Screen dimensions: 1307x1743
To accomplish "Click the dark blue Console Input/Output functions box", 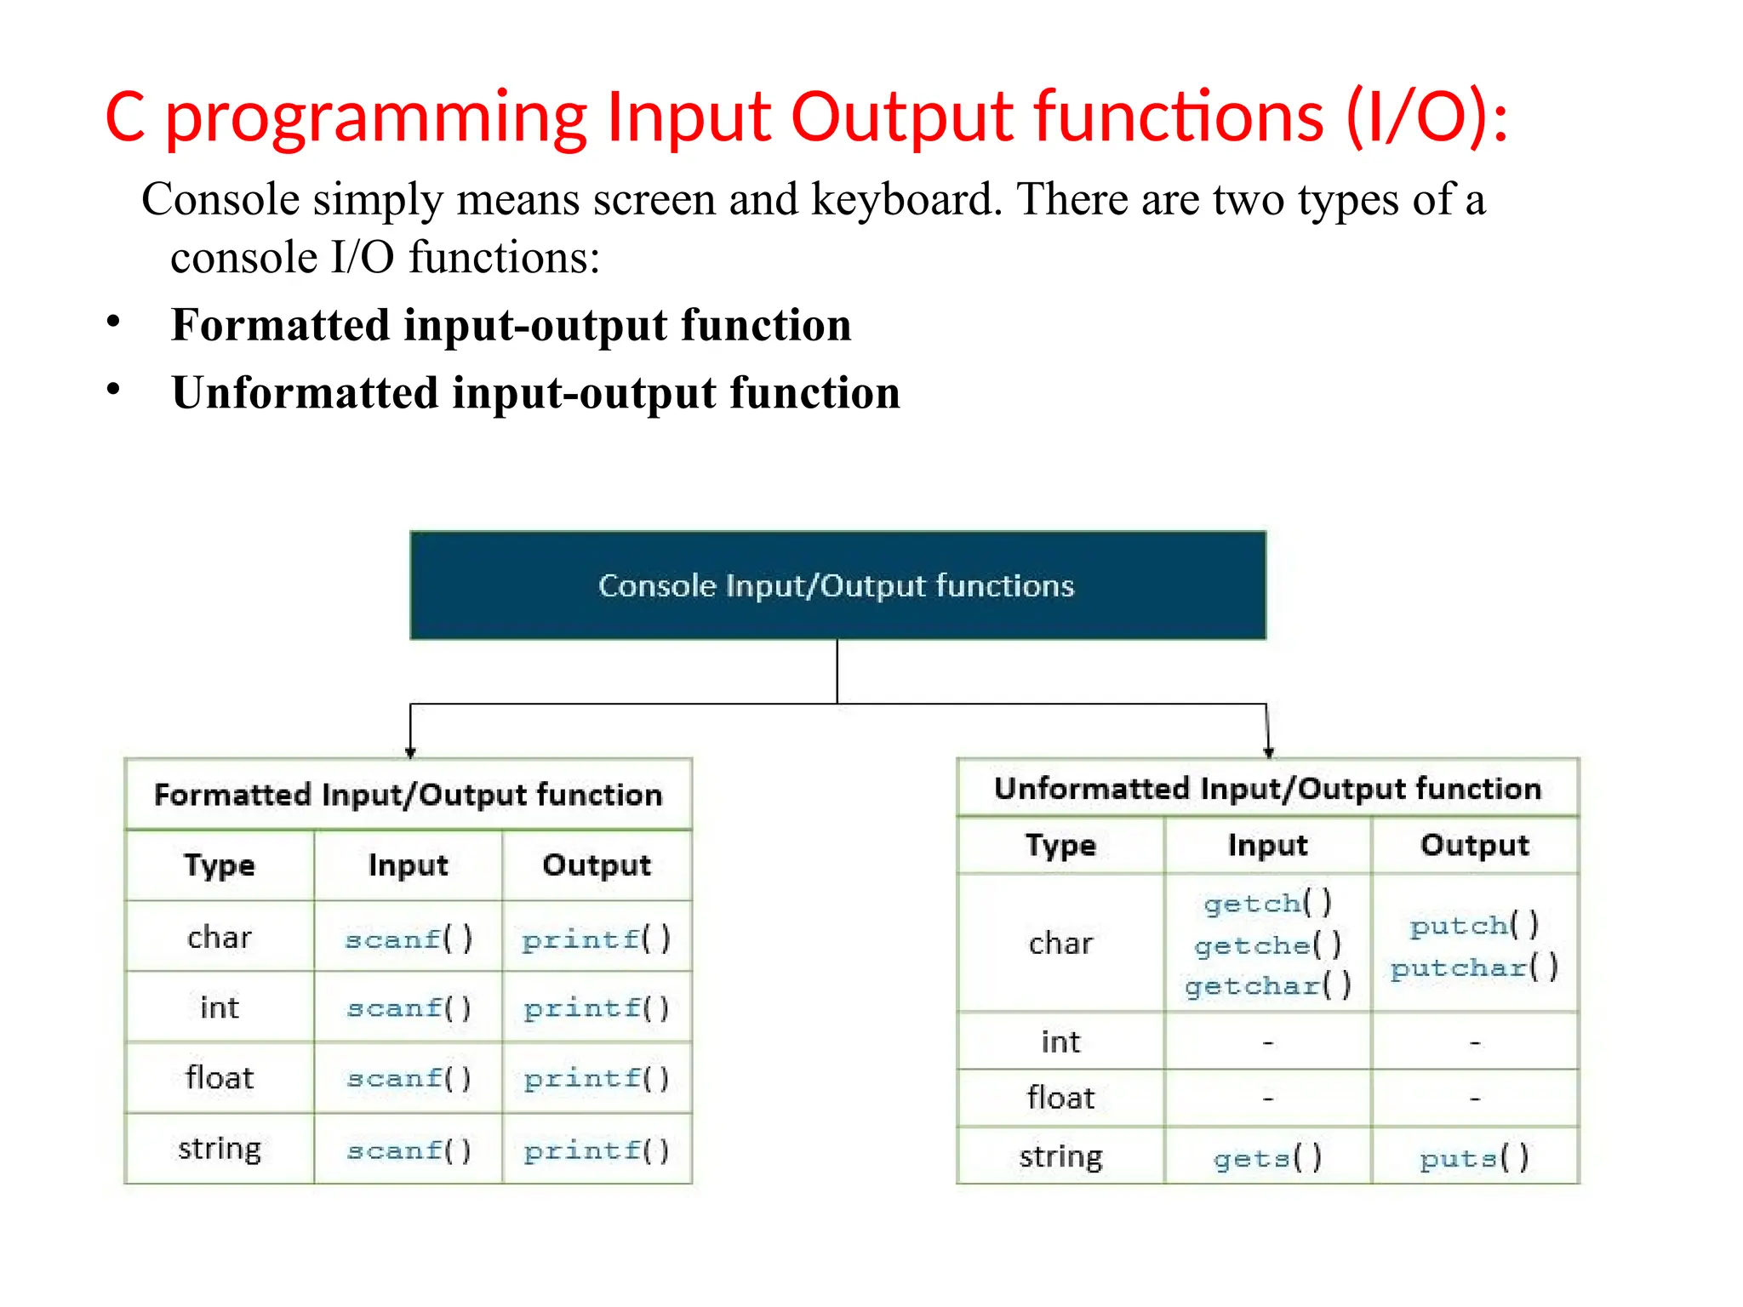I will pyautogui.click(x=837, y=585).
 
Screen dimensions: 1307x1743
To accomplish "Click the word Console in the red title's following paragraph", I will pyautogui.click(x=220, y=200).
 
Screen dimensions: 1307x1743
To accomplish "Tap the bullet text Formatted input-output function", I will pyautogui.click(x=511, y=325).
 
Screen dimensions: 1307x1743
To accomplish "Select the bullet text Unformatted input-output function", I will pyautogui.click(x=535, y=393).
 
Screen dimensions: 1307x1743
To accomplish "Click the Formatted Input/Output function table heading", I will pyautogui.click(x=408, y=795).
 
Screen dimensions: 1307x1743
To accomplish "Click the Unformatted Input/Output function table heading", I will pyautogui.click(x=1267, y=789).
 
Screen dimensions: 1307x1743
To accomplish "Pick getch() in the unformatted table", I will pyautogui.click(x=1267, y=903).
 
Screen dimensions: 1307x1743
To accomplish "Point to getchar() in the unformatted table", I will pyautogui.click(x=1267, y=986).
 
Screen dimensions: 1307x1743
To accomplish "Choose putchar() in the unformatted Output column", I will pyautogui.click(x=1474, y=967).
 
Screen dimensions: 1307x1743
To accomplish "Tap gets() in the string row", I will pyautogui.click(x=1267, y=1158).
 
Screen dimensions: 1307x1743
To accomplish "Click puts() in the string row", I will pyautogui.click(x=1474, y=1158).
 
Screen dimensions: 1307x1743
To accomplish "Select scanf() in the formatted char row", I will pyautogui.click(x=408, y=939).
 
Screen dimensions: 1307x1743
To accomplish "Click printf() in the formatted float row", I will pyautogui.click(x=597, y=1079).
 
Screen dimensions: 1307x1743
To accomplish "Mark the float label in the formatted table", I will pyautogui.click(x=220, y=1078).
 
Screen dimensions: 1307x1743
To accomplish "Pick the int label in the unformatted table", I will pyautogui.click(x=1060, y=1042).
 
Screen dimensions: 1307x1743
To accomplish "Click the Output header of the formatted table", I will pyautogui.click(x=597, y=865).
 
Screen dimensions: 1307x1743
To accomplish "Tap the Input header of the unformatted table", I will pyautogui.click(x=1267, y=845).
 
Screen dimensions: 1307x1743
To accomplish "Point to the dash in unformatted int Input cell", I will pyautogui.click(x=1267, y=1042).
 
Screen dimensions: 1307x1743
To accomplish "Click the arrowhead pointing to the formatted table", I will pyautogui.click(x=410, y=752).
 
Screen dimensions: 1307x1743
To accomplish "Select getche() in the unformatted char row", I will pyautogui.click(x=1267, y=945).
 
